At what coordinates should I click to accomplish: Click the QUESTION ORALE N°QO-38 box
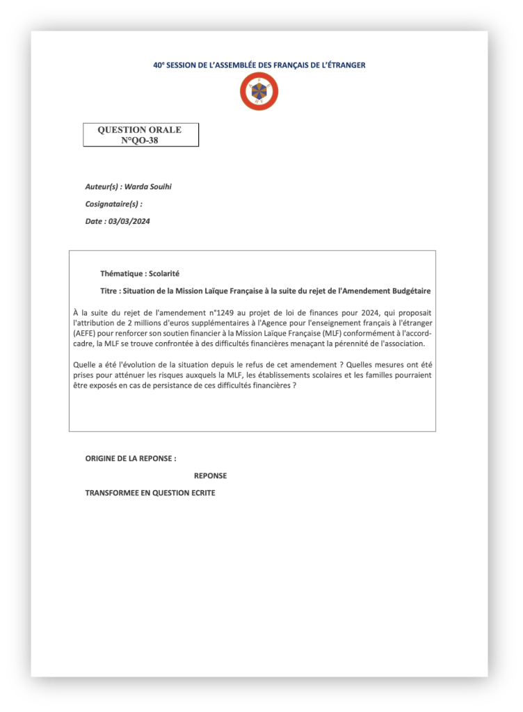140,135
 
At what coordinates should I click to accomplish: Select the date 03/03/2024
129,221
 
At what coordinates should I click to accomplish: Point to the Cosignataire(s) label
113,204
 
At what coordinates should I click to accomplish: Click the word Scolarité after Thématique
164,274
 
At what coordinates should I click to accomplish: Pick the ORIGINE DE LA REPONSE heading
131,459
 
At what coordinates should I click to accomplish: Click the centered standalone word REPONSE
210,476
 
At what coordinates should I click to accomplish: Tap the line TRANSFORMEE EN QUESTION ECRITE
150,493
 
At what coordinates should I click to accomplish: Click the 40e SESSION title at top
259,65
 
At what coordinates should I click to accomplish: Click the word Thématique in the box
122,274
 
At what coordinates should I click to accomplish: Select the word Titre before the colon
109,291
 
